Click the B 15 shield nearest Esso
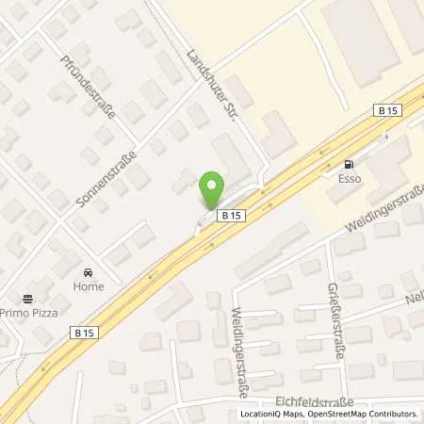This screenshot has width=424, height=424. pos(384,110)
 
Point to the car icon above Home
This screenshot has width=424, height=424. pos(90,269)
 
